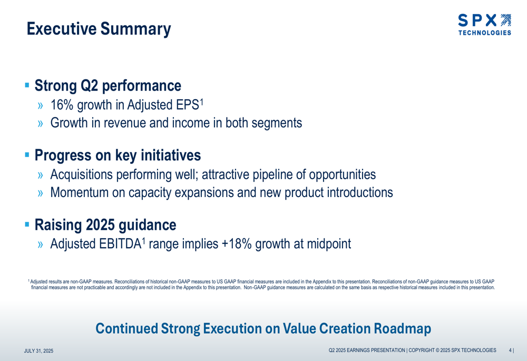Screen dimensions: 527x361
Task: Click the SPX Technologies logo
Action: pos(485,25)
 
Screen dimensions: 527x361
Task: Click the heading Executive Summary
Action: pos(99,29)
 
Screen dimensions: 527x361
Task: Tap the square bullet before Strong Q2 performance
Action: pos(27,85)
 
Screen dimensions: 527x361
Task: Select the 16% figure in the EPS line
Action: pos(62,105)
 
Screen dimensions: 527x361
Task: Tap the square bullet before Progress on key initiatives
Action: pos(27,155)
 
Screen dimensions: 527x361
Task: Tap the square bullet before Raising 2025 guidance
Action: pos(27,224)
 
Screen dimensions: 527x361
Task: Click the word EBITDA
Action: pos(119,244)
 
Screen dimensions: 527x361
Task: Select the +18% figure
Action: pos(237,244)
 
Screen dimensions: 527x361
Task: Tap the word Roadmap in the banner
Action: pos(402,329)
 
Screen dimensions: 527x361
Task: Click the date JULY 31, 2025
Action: pos(38,351)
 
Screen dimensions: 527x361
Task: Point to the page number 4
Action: pos(510,350)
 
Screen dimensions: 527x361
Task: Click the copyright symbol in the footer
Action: pos(437,350)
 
